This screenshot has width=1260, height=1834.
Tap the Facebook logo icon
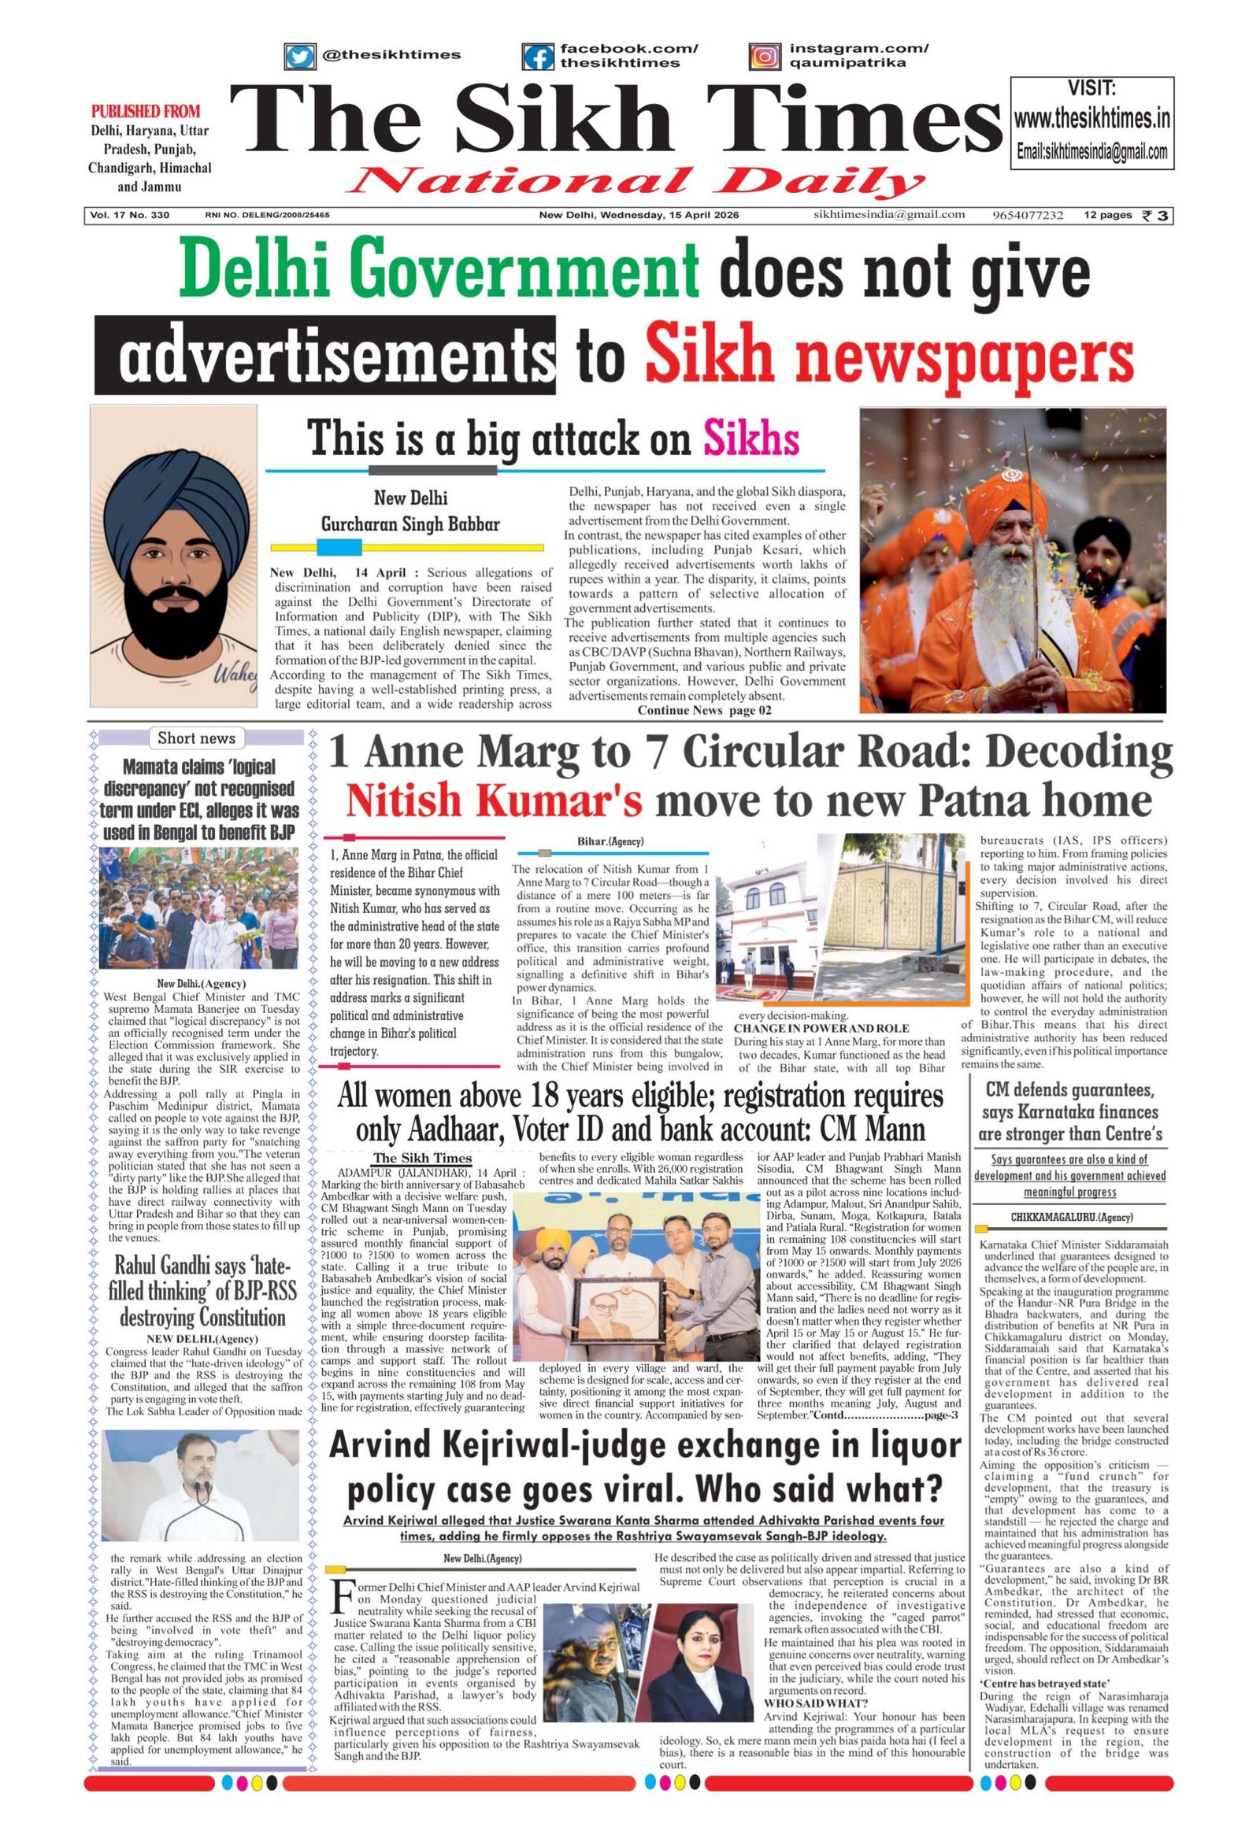coord(539,57)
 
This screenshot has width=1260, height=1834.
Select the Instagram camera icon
coord(763,57)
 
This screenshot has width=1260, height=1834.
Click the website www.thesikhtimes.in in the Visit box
coord(1091,120)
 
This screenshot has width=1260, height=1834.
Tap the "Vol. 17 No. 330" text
coord(130,216)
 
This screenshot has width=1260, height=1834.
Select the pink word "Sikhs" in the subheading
coord(750,438)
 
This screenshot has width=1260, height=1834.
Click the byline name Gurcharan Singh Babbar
coord(409,524)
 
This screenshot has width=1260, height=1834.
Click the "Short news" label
coord(197,738)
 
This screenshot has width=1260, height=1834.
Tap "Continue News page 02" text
coord(704,710)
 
